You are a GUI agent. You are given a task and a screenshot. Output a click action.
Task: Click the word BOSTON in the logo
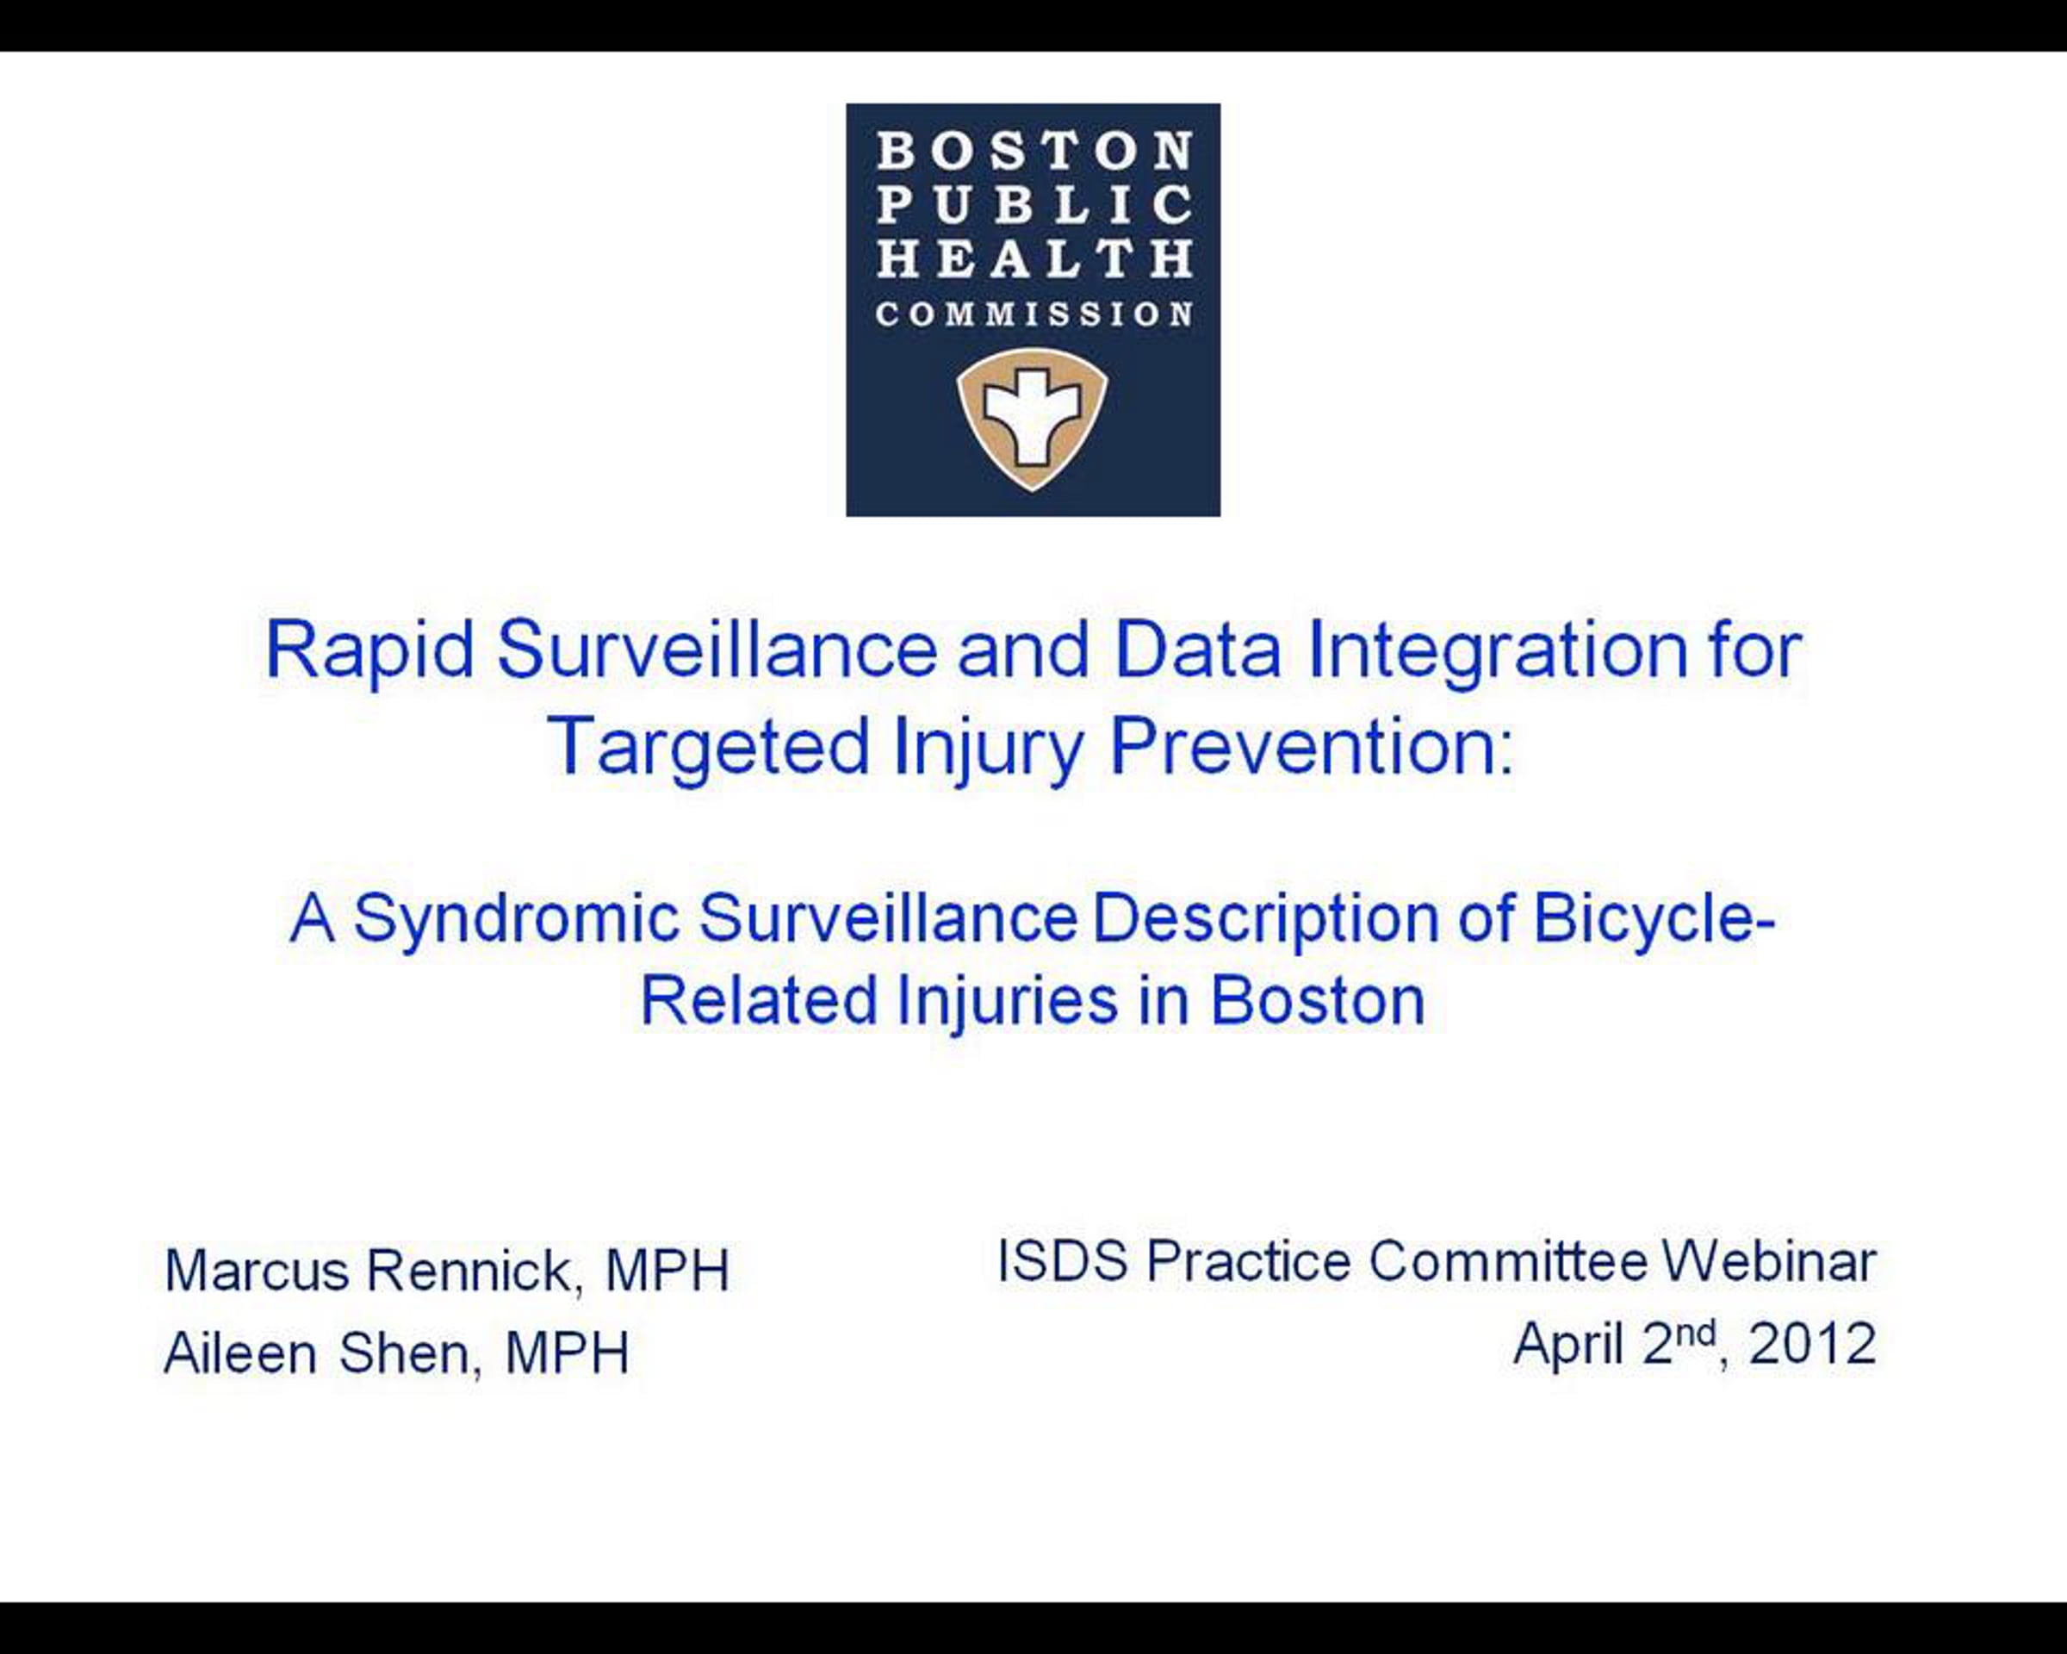(x=1034, y=152)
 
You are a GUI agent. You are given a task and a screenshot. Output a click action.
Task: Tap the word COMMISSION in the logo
(x=1034, y=314)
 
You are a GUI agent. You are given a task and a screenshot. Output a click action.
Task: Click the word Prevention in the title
(x=1312, y=745)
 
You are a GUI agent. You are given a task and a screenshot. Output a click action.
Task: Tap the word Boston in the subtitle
(x=1317, y=1001)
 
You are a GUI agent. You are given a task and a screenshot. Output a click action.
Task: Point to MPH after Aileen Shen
(x=568, y=1353)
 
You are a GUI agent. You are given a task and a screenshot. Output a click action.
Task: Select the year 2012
(x=1812, y=1343)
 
